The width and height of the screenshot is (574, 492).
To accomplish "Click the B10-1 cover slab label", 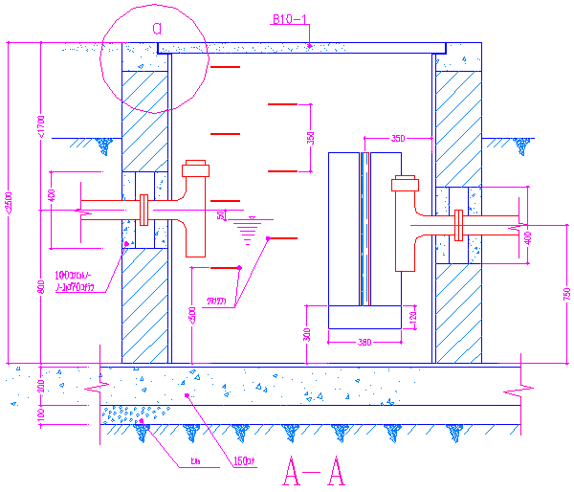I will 289,19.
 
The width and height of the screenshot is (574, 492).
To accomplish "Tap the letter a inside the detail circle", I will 156,28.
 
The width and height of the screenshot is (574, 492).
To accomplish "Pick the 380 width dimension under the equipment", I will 364,342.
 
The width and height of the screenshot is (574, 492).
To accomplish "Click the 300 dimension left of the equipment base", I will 306,334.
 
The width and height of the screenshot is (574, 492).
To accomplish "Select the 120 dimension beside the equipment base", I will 413,317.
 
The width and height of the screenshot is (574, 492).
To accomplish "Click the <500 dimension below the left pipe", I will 191,315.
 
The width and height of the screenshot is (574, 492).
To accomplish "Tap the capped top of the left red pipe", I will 195,170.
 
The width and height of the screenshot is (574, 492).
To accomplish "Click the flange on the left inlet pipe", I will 144,209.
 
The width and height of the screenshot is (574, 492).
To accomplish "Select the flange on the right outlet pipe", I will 457,224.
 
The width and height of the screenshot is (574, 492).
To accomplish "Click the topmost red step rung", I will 225,67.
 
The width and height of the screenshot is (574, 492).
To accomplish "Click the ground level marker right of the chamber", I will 521,145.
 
